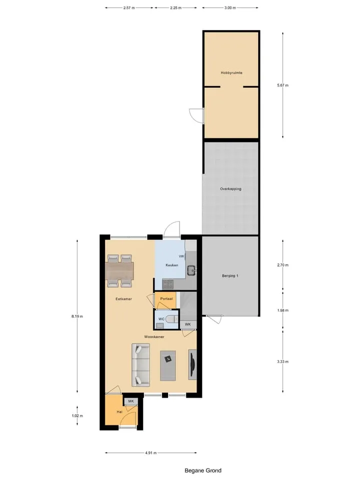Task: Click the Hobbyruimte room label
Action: (x=231, y=73)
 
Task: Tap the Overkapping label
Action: (x=230, y=189)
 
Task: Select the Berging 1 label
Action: (x=230, y=276)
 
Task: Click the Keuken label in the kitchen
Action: (x=171, y=265)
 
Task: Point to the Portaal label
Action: (x=166, y=299)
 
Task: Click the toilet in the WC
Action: (x=174, y=319)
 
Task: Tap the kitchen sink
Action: (x=191, y=270)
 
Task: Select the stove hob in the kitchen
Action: (x=168, y=284)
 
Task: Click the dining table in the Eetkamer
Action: (x=120, y=271)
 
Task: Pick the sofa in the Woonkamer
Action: (x=141, y=365)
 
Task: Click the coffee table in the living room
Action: (x=168, y=366)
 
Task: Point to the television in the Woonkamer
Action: (x=192, y=364)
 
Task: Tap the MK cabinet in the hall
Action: (x=131, y=401)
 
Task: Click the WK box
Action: (x=188, y=324)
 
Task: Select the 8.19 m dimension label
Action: (x=77, y=316)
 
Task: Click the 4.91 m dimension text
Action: (x=151, y=453)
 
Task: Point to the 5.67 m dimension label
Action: (x=282, y=85)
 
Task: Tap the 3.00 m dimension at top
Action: (x=230, y=8)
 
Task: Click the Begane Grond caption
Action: (x=203, y=470)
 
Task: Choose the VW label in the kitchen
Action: (x=181, y=256)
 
